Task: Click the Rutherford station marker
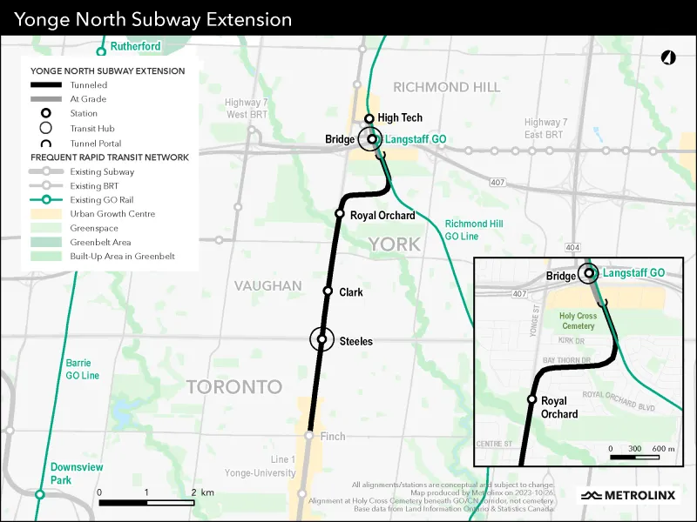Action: pos(101,52)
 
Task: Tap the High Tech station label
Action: pos(400,118)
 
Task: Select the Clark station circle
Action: pos(328,291)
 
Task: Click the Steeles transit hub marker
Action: pos(321,339)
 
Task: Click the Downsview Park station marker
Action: pos(39,494)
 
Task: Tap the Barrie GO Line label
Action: pos(83,369)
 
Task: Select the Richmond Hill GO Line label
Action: pos(473,230)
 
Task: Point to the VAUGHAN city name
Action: pos(267,286)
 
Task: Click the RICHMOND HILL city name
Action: pos(446,87)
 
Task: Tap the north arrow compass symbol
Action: pos(668,58)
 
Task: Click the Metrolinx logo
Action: pos(627,495)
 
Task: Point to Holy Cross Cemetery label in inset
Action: pos(577,321)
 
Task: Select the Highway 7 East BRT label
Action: pos(545,128)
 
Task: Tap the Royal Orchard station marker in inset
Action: pos(531,399)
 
